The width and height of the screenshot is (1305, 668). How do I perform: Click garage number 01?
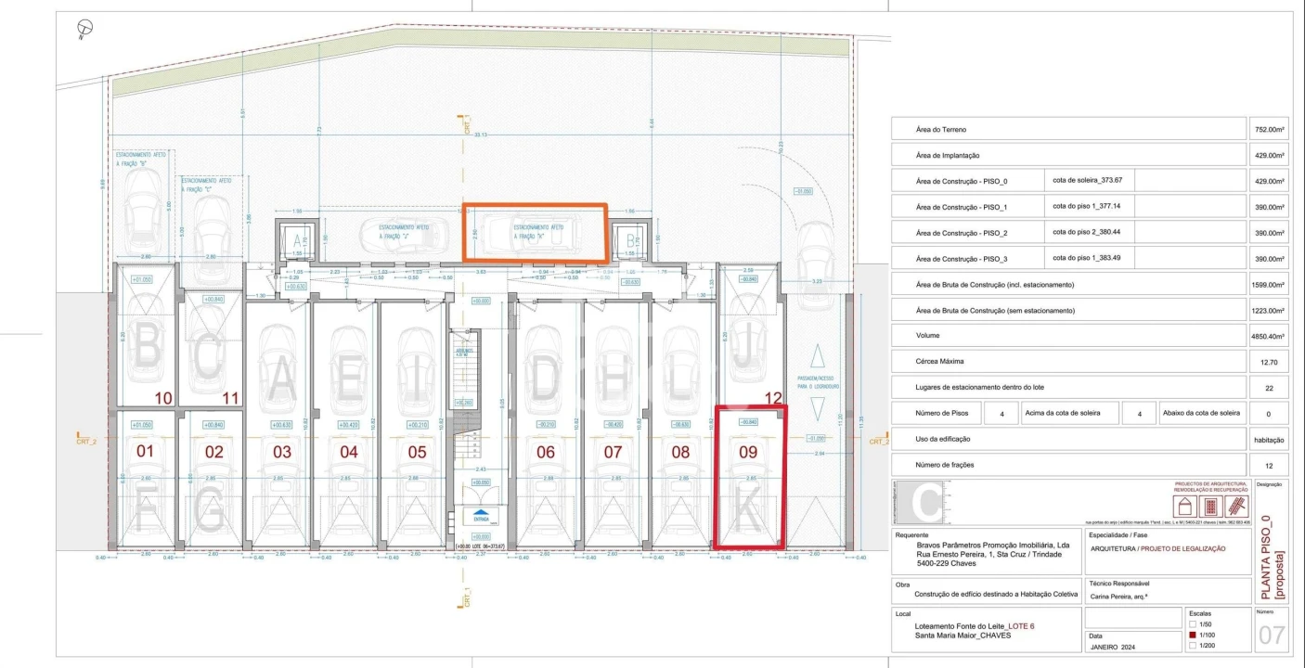pos(145,452)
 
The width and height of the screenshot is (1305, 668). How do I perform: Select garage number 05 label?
pos(417,452)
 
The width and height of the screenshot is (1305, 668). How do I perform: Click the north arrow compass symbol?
pos(85,31)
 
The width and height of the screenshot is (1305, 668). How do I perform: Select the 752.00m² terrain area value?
pos(1268,130)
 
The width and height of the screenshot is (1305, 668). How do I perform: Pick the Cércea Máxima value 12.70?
pos(1268,363)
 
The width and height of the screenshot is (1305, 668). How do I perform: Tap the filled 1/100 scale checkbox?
pos(1193,634)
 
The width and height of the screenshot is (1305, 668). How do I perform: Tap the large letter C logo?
pos(924,503)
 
